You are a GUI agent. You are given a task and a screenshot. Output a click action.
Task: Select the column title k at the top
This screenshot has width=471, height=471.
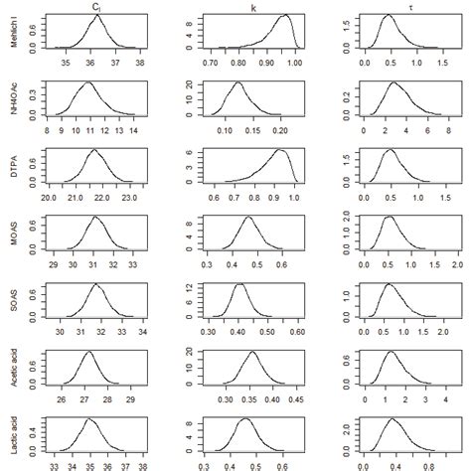point(253,7)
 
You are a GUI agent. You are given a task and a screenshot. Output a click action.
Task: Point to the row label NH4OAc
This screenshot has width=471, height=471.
point(13,100)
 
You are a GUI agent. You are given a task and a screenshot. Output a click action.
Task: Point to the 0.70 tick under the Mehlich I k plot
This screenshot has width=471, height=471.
point(210,65)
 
